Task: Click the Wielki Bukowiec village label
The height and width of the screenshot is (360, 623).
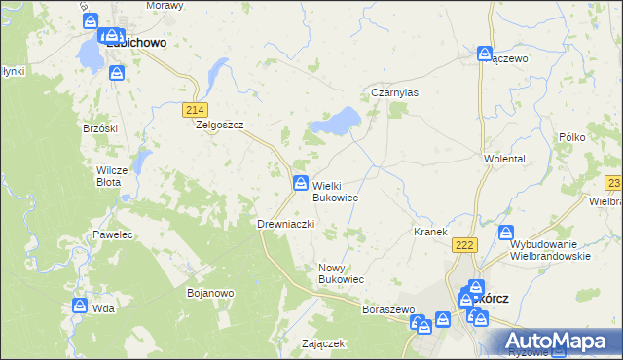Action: tap(334, 191)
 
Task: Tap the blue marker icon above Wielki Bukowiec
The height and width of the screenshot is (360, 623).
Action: tap(301, 183)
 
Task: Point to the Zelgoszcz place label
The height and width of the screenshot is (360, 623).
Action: tap(219, 126)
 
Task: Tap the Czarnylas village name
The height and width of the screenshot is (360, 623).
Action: tap(394, 92)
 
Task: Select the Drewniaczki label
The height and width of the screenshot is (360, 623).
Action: tap(284, 224)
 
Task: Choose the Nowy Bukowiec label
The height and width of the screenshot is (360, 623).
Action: tap(341, 272)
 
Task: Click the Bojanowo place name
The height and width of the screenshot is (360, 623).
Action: tap(209, 291)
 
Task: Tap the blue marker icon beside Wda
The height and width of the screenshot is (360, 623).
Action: tap(80, 306)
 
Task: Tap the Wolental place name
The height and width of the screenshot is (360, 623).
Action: tap(504, 158)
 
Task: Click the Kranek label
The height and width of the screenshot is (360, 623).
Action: tap(429, 232)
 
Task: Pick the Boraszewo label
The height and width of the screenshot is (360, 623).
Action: tap(388, 309)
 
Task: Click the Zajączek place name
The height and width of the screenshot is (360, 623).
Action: tap(324, 343)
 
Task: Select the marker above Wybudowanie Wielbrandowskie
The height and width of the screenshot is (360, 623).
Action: tap(506, 234)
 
